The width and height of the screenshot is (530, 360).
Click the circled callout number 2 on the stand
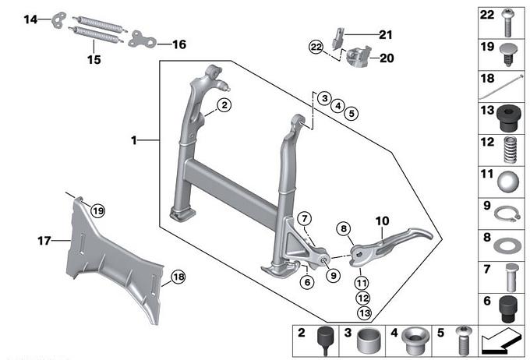pos(224,104)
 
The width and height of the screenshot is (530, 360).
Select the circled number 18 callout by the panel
pos(178,277)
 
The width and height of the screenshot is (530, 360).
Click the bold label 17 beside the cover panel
pos(44,242)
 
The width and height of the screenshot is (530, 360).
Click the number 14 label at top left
pos(30,19)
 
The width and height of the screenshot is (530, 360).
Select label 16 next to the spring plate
pos(178,44)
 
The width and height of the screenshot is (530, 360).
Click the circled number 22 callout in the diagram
pos(315,48)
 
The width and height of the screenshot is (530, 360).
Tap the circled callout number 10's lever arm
pos(390,238)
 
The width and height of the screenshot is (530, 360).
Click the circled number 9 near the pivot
pos(334,274)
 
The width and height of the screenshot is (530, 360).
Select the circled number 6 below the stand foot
pos(307,282)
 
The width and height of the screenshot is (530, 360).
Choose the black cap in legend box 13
pos(507,118)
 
